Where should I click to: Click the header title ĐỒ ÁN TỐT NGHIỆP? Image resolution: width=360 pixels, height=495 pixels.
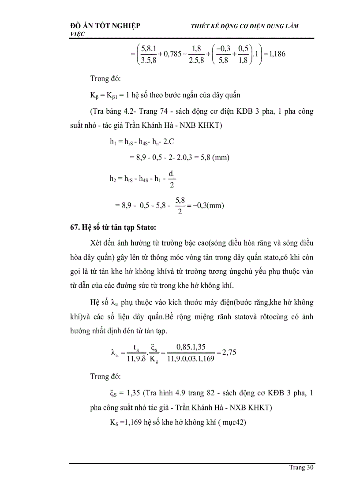click(x=105, y=26)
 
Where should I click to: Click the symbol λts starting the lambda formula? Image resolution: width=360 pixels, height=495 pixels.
click(x=115, y=353)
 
